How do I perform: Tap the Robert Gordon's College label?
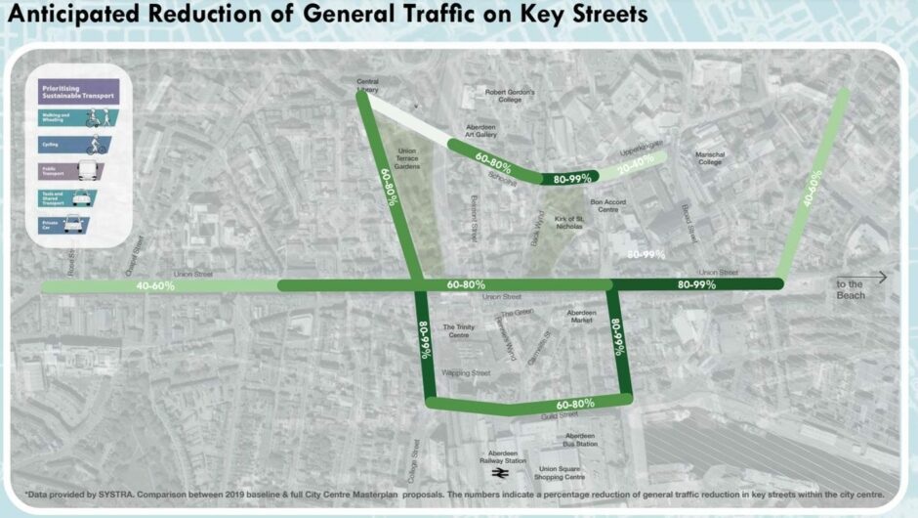tap(510, 96)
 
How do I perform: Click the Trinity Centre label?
tap(461, 331)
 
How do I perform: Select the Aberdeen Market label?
tap(581, 317)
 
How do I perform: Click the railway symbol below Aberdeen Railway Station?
tap(499, 473)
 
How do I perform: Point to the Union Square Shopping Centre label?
tap(562, 473)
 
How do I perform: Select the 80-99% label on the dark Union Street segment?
tap(696, 284)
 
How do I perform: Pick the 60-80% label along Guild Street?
tap(575, 404)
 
